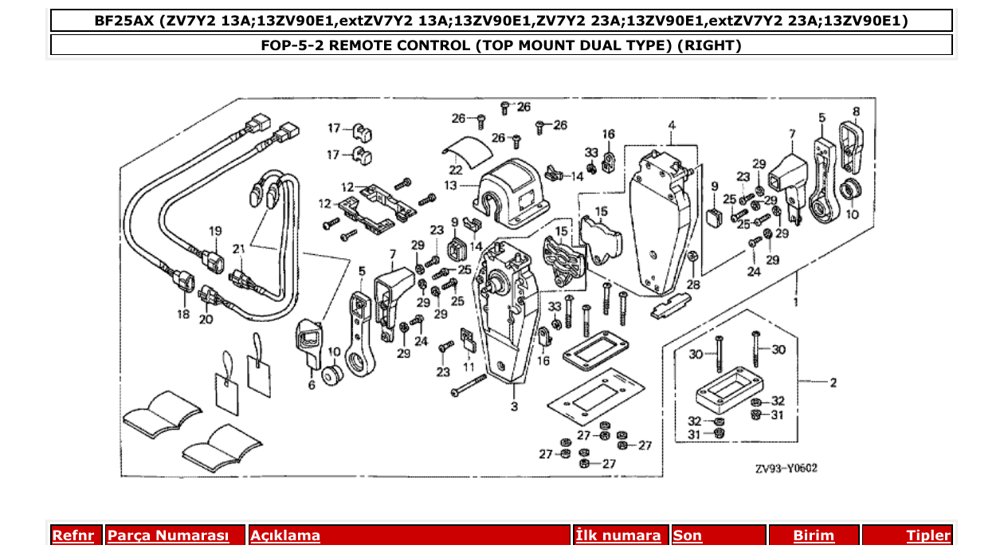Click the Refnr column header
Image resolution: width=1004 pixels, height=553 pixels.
tap(73, 535)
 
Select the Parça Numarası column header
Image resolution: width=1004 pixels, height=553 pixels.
tap(168, 535)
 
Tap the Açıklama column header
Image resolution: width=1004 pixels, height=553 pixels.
tap(285, 535)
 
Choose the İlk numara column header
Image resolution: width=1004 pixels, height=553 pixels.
tap(618, 535)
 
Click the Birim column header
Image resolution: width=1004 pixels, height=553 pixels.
tap(813, 535)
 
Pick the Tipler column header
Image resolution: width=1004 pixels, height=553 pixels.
tap(928, 535)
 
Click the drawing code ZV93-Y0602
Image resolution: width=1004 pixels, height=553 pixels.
tap(786, 469)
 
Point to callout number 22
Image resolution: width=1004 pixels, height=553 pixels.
tap(454, 169)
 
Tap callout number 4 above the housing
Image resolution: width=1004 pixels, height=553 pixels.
tap(672, 126)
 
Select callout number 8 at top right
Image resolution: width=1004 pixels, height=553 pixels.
tap(856, 112)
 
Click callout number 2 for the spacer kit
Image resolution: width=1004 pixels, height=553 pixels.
tap(833, 383)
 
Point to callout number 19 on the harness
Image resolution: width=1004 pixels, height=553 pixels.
tap(215, 231)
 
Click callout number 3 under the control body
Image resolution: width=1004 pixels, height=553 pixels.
tap(514, 407)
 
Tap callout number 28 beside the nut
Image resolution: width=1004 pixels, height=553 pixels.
tap(693, 284)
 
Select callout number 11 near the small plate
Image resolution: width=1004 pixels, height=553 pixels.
tap(469, 367)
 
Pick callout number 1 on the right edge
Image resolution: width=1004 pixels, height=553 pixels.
tap(794, 304)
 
